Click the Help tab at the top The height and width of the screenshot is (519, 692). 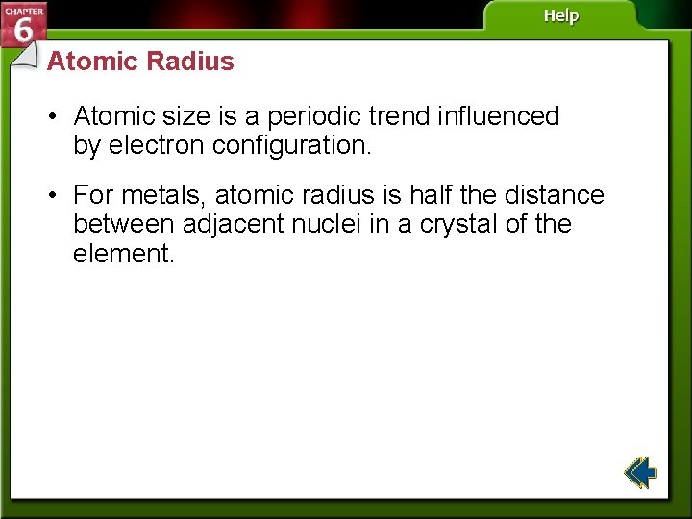click(x=561, y=16)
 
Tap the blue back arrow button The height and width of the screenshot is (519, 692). click(x=640, y=473)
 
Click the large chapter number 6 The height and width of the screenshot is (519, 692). click(x=24, y=31)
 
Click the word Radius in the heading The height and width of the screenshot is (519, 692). click(x=191, y=62)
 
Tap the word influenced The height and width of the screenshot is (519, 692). click(x=498, y=116)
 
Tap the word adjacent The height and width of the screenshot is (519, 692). click(x=234, y=225)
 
